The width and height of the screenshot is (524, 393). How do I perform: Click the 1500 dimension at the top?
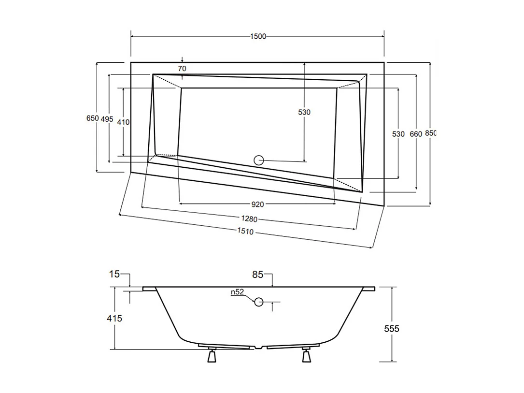(258, 37)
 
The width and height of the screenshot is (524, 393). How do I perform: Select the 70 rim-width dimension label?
(182, 69)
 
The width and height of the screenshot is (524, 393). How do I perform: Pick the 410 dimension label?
(123, 122)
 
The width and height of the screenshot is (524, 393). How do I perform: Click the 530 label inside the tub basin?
(304, 112)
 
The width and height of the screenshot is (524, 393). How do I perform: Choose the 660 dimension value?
(416, 134)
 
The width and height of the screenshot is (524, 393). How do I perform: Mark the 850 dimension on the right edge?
(430, 133)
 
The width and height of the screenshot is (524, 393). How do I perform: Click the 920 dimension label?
(258, 204)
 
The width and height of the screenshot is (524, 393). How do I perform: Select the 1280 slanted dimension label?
(250, 218)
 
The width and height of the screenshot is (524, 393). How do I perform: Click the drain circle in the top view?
(259, 160)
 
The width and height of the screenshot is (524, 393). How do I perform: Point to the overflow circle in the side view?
(259, 303)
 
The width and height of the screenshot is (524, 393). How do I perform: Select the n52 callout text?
(237, 292)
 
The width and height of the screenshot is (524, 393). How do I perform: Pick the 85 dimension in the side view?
(257, 275)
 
